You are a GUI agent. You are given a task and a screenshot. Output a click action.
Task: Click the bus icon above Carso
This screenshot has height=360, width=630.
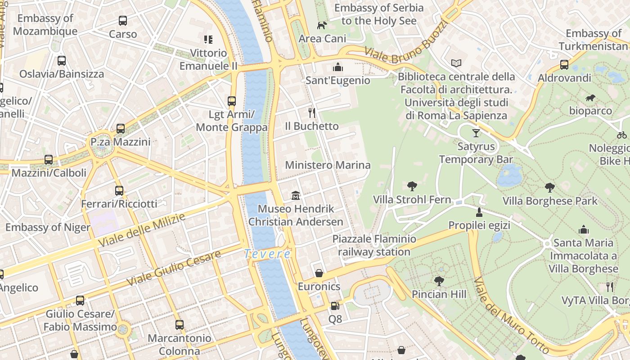123,21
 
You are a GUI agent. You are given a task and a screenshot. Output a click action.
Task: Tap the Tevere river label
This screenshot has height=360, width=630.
267,254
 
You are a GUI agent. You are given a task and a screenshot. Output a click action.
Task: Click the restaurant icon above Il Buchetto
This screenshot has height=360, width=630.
311,112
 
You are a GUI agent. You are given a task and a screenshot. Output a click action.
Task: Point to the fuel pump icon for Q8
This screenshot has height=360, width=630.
335,306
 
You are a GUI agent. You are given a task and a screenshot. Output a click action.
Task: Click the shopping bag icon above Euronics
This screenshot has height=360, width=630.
319,273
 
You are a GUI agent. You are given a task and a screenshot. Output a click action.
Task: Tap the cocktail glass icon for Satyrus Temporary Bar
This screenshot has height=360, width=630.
476,133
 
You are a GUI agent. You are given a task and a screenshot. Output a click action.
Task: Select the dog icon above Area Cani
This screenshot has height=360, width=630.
322,25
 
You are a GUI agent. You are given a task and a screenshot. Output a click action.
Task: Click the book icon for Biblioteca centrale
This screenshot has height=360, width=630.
456,63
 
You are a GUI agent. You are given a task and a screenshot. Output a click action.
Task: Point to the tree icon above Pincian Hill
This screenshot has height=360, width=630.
439,281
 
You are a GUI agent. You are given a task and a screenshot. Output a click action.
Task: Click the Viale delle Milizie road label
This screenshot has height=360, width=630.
141,230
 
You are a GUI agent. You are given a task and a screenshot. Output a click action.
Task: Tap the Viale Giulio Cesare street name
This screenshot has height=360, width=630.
174,268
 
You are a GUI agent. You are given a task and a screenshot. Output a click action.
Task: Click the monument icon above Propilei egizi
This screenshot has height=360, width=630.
479,212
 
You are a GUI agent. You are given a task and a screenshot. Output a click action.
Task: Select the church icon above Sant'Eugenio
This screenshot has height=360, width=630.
337,67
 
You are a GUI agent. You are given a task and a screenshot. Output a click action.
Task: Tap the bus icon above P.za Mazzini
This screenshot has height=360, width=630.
120,129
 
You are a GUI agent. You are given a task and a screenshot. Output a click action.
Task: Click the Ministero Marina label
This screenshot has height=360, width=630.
328,165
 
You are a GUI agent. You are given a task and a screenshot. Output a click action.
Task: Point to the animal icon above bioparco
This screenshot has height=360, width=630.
590,98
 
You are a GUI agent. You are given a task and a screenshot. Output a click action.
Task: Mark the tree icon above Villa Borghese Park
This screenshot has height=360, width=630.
549,188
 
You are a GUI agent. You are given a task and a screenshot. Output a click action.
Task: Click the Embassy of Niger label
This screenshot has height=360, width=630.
48,227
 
